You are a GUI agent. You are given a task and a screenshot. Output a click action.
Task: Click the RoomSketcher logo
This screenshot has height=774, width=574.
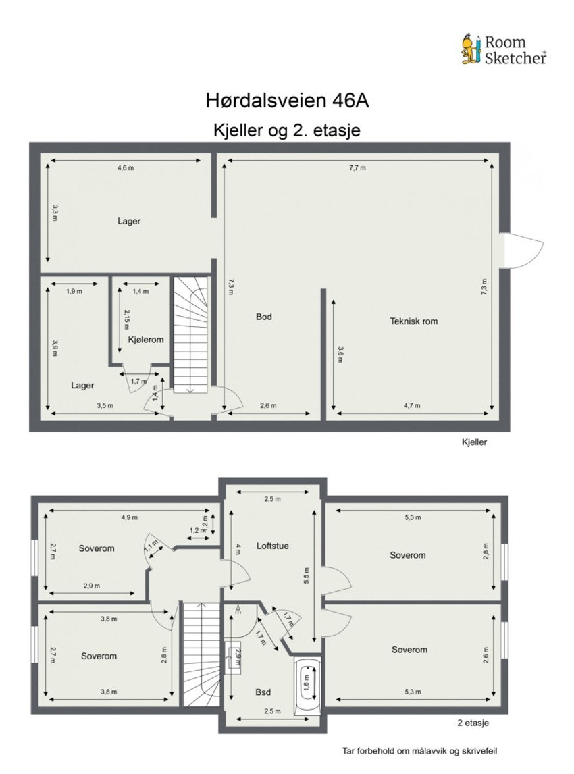point(504,49)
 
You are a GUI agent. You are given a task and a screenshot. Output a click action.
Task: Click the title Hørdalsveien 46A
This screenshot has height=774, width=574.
point(287,101)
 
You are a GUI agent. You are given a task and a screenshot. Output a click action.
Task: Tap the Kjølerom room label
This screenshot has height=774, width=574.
point(146,340)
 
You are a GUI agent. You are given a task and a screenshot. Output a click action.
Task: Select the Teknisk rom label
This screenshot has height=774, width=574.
point(413,321)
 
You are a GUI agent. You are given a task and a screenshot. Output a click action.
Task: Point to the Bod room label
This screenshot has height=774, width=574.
point(263,316)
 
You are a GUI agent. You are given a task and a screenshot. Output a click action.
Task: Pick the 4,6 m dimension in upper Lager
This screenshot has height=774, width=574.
point(125,168)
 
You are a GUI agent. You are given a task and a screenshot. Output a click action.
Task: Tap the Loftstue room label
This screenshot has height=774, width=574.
point(273,546)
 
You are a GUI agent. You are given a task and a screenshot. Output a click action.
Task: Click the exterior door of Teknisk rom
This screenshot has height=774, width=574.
point(521,250)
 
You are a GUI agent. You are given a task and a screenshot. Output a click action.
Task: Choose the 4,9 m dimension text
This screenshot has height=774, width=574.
point(129,517)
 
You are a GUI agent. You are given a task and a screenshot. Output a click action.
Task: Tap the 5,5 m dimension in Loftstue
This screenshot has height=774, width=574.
point(307,574)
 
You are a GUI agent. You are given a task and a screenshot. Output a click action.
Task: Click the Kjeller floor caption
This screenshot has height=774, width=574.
point(473,443)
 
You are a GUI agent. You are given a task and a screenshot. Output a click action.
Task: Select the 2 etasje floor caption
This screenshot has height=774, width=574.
point(473,723)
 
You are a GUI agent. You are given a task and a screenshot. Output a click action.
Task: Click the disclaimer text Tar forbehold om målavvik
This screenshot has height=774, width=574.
point(420,750)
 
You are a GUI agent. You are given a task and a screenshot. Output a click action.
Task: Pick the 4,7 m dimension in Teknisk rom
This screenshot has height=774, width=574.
point(412,406)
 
